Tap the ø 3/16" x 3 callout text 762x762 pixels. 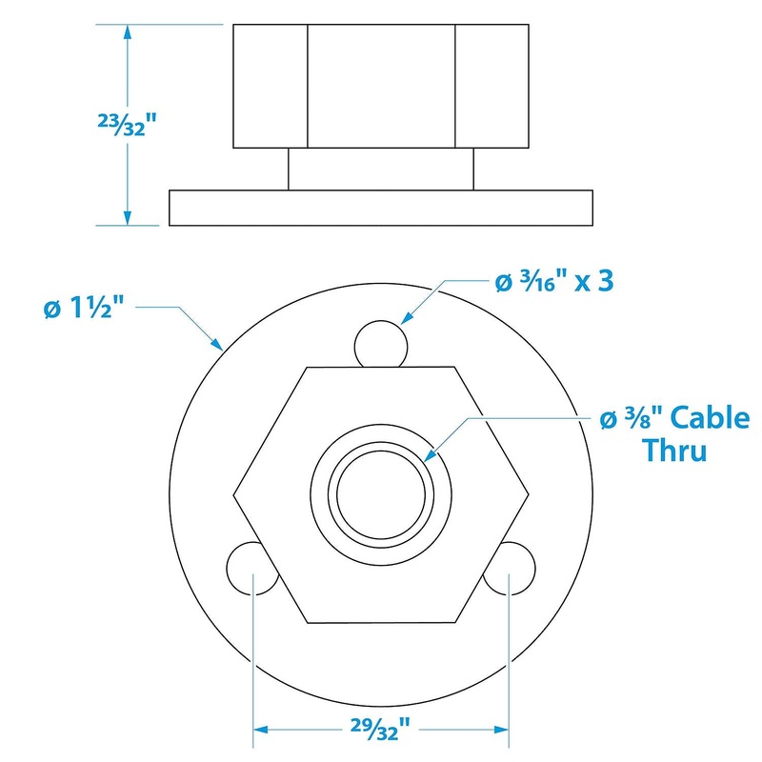551,282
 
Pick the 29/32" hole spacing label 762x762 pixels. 379,730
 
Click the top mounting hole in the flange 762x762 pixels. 381,342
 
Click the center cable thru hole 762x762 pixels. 381,493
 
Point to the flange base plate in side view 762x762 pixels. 381,208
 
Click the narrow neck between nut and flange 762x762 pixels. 381,170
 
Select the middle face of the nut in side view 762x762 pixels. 381,86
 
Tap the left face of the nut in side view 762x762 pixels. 270,86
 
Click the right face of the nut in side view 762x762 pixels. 491,86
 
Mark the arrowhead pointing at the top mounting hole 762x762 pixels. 403,321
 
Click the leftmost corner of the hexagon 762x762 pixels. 235,494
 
